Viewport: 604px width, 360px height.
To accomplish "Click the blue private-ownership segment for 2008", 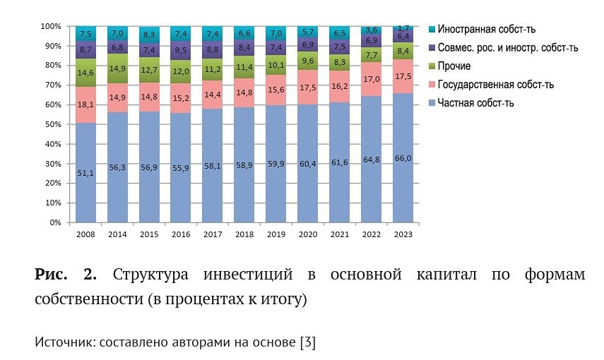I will (x=85, y=173).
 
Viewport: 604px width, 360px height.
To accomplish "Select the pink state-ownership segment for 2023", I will (x=403, y=76).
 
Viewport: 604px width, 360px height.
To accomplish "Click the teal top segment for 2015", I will (x=149, y=34).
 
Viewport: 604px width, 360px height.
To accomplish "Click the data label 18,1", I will (x=85, y=104).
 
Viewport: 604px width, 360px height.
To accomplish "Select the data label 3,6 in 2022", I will (x=372, y=30).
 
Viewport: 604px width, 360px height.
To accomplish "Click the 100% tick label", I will (x=52, y=26).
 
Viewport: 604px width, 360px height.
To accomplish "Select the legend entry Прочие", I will (x=454, y=66).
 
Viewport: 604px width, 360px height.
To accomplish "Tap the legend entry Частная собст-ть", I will (x=475, y=102).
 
